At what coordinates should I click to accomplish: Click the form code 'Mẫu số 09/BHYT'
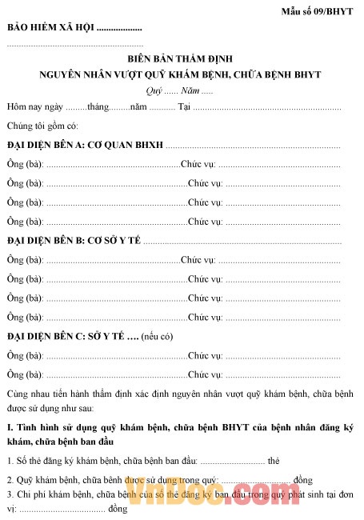pyautogui.click(x=318, y=11)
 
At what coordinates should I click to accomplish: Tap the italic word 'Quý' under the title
pyautogui.click(x=154, y=90)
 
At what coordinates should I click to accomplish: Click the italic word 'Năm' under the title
pyautogui.click(x=191, y=90)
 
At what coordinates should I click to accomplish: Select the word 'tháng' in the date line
pyautogui.click(x=98, y=106)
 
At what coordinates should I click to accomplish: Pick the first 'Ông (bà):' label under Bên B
pyautogui.click(x=25, y=259)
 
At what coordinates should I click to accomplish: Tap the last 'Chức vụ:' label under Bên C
pyautogui.click(x=205, y=374)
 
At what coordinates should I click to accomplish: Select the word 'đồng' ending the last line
pyautogui.click(x=118, y=508)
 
